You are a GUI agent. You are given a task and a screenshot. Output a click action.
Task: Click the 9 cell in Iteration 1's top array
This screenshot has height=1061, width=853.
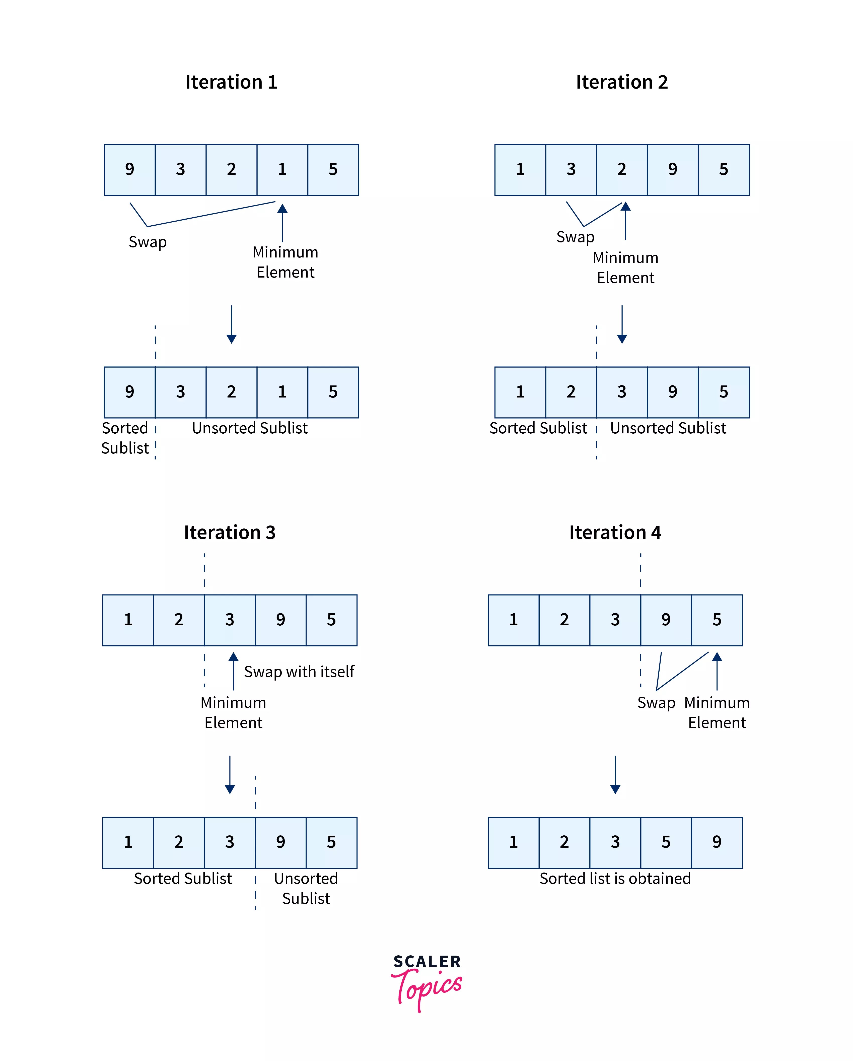129,169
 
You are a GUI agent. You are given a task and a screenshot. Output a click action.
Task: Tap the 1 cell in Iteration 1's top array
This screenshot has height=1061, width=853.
282,169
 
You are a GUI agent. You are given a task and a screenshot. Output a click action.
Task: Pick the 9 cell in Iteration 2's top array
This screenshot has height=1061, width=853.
672,169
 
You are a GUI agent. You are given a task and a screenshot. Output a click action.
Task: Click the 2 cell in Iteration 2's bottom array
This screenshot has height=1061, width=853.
571,392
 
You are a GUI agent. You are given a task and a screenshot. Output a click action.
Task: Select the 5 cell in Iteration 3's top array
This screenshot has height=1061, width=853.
331,620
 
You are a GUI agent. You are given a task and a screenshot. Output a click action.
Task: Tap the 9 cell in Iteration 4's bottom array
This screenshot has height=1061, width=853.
717,842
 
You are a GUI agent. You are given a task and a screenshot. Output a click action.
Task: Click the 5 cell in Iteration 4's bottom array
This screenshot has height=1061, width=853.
666,842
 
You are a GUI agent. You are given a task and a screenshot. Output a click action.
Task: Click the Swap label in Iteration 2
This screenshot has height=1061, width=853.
575,237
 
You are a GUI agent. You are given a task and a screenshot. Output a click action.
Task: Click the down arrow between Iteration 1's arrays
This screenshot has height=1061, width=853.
231,324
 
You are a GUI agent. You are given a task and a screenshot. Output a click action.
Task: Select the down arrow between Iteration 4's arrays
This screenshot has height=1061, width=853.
615,774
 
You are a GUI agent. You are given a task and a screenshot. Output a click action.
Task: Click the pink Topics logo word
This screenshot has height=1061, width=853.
427,988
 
